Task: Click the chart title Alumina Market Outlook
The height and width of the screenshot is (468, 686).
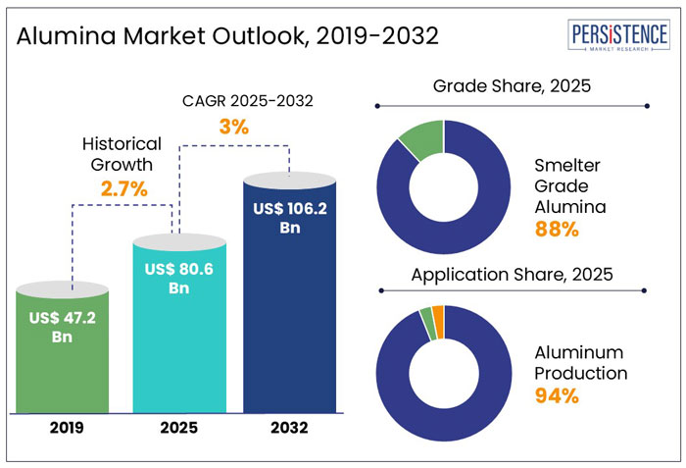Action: pyautogui.click(x=226, y=36)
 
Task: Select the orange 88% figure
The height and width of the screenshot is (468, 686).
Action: pyautogui.click(x=558, y=230)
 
